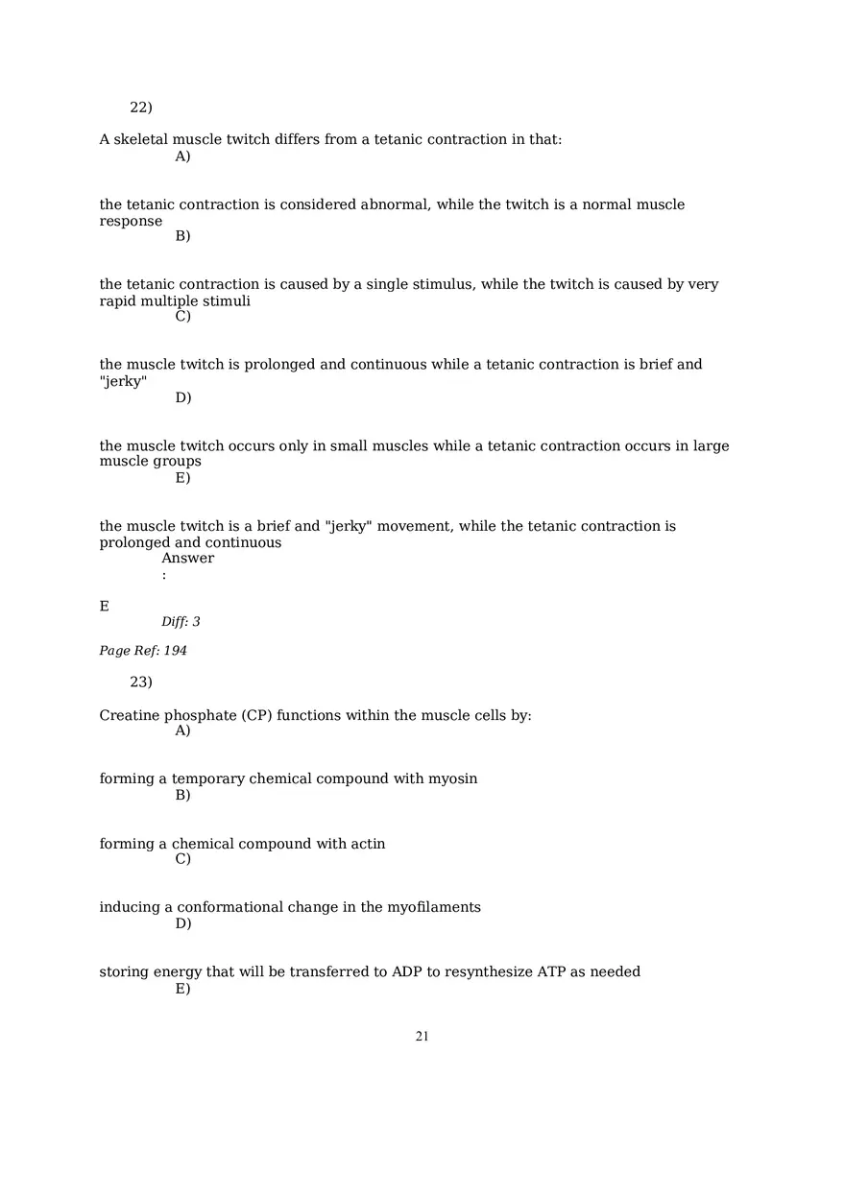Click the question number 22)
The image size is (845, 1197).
pos(141,108)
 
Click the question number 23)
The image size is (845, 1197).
pos(141,682)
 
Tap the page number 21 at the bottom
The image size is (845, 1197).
pos(422,1037)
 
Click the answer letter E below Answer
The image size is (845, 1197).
pos(104,607)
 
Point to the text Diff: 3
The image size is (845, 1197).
pos(181,622)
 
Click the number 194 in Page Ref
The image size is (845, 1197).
pos(175,651)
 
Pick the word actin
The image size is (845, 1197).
pos(368,844)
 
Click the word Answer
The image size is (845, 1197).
pos(187,559)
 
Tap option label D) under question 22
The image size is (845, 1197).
pos(182,397)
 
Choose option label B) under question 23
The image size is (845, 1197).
pos(182,795)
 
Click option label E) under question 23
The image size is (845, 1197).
pos(182,989)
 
